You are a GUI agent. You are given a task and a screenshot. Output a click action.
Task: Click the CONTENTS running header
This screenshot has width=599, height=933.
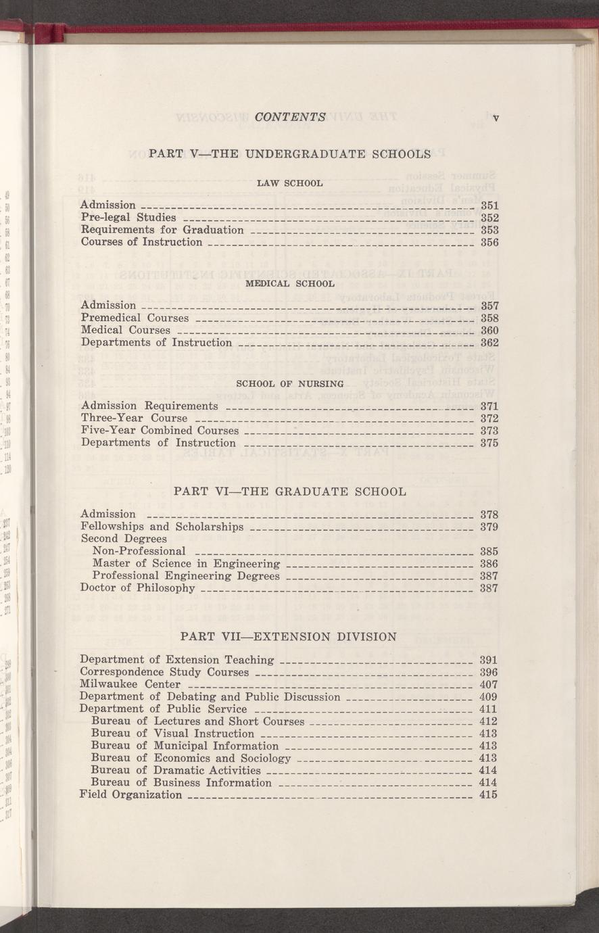click(x=291, y=116)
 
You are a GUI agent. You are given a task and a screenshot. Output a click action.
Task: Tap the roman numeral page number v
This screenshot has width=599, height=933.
click(x=496, y=118)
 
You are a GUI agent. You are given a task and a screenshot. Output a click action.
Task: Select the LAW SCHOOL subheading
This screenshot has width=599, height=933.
click(x=290, y=183)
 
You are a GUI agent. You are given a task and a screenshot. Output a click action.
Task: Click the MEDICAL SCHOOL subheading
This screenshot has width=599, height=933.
click(x=290, y=283)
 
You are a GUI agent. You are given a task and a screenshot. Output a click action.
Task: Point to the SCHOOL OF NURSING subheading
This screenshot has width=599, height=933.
click(x=290, y=384)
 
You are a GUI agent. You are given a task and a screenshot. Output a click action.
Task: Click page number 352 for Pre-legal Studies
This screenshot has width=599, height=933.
click(x=489, y=218)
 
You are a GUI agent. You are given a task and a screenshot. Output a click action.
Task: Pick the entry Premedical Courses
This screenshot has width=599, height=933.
click(x=135, y=318)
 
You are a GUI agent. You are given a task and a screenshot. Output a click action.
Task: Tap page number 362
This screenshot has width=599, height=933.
click(x=489, y=343)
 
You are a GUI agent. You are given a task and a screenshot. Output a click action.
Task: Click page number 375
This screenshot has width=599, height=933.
click(x=489, y=444)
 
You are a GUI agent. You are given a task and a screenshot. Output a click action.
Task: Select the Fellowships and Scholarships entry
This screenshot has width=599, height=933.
click(x=162, y=527)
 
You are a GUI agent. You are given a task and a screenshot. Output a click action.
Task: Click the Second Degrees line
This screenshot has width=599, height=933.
click(x=123, y=539)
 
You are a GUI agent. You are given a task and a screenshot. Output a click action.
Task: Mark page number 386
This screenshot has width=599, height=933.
click(x=489, y=564)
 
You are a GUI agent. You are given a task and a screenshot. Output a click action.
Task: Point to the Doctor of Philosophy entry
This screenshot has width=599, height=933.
click(x=137, y=588)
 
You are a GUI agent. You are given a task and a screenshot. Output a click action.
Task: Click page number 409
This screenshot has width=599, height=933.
click(x=488, y=697)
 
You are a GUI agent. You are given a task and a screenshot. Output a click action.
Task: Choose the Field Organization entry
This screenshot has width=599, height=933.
click(x=130, y=795)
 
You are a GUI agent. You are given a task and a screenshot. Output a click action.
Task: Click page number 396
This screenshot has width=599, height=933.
click(x=488, y=672)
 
